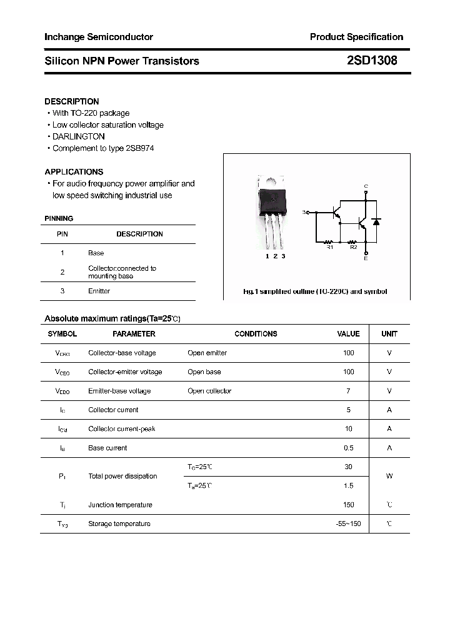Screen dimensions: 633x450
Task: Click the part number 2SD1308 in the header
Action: [372, 61]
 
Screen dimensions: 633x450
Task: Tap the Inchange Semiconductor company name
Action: [99, 37]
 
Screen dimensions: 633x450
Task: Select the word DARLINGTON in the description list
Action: [78, 136]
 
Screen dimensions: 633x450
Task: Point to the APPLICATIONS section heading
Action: [74, 171]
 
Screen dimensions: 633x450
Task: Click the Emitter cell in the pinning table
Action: [99, 291]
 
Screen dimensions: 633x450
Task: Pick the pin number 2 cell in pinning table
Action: [62, 272]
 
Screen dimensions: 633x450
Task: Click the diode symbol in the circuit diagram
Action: [376, 221]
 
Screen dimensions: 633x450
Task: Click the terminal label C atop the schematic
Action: [366, 186]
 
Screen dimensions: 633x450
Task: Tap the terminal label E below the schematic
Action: [366, 258]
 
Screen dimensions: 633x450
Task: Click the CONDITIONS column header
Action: [256, 334]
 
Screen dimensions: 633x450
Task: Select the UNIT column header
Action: [389, 334]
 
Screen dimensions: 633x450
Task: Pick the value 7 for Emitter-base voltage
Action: [348, 391]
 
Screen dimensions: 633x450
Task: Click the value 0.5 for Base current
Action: [348, 448]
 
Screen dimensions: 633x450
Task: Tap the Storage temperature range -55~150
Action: [348, 524]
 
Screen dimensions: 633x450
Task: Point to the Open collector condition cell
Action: [209, 391]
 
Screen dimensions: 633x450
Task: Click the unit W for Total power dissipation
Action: [389, 476]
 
